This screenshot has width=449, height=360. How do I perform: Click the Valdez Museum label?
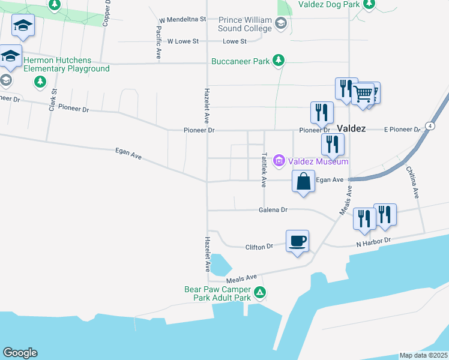[318, 161]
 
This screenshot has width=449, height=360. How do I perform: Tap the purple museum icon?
[279, 161]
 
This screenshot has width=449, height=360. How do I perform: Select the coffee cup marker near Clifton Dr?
[297, 241]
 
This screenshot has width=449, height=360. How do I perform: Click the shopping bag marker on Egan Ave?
[303, 181]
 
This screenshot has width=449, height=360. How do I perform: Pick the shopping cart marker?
[363, 94]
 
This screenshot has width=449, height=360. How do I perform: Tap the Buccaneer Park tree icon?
[278, 61]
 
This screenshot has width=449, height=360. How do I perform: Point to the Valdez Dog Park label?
[328, 4]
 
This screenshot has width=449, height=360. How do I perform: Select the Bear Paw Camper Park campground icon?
[260, 293]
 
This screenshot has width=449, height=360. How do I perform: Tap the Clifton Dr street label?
[259, 246]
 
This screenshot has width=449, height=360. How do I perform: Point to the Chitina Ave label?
[415, 182]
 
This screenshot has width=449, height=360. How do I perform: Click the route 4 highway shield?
[430, 125]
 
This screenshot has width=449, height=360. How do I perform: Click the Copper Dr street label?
[107, 13]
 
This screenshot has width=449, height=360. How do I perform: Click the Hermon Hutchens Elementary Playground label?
[67, 64]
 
